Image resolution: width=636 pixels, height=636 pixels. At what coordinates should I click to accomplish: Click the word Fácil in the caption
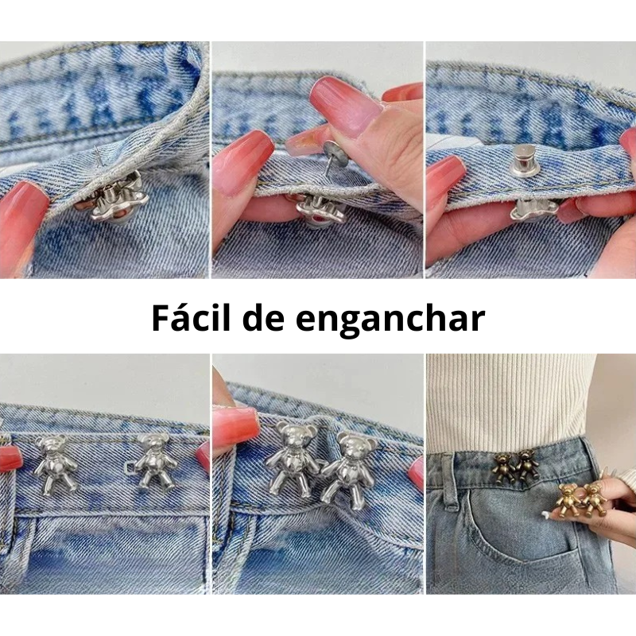pos(192,317)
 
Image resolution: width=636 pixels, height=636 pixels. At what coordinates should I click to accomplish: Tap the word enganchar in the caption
pos(390,320)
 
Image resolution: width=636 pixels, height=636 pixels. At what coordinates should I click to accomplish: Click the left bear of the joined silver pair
pos(292,459)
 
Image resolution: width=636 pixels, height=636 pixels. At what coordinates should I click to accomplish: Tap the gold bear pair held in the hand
pos(580,500)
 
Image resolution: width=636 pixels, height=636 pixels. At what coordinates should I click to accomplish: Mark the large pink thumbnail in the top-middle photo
pos(345,107)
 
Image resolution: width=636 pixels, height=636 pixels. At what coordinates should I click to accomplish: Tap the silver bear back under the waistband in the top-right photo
pos(533,209)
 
